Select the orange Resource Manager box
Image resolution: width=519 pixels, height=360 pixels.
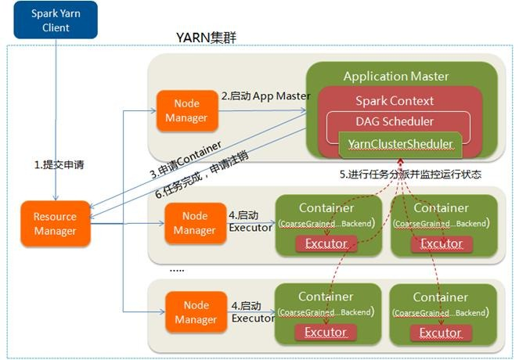pyautogui.click(x=55, y=224)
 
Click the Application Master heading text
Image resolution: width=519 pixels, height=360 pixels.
pyautogui.click(x=396, y=77)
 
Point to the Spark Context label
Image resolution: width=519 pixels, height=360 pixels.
pyautogui.click(x=395, y=100)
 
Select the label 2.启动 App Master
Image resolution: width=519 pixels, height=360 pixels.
pyautogui.click(x=265, y=96)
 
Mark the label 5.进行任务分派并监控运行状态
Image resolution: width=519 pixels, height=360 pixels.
pyautogui.click(x=410, y=175)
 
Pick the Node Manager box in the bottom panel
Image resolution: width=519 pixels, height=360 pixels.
pyautogui.click(x=190, y=312)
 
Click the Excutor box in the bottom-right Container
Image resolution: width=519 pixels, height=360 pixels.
pyautogui.click(x=441, y=333)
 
